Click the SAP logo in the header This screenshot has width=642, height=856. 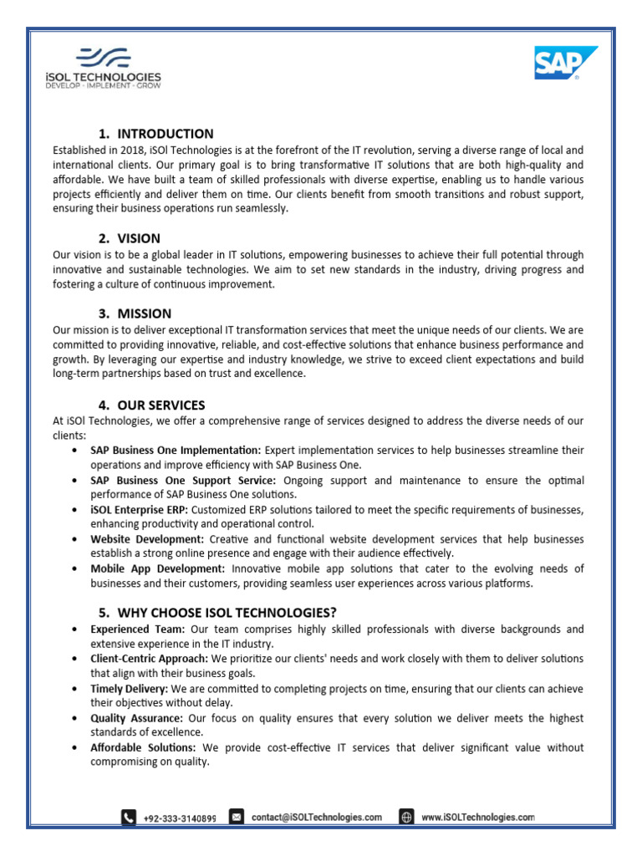pyautogui.click(x=566, y=64)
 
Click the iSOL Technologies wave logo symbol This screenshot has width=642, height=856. pyautogui.click(x=104, y=57)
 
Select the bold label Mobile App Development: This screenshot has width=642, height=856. pyautogui.click(x=156, y=569)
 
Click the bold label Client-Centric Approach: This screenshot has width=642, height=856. pyautogui.click(x=150, y=659)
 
